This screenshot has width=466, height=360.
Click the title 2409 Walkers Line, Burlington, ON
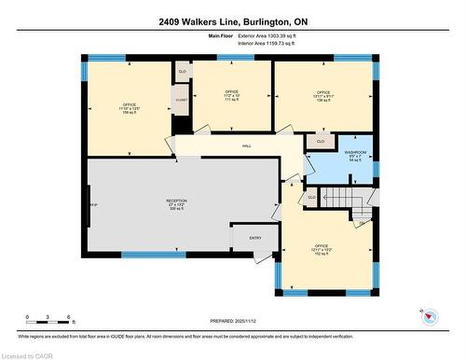coord(232,22)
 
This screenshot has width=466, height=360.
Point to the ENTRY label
coord(255,238)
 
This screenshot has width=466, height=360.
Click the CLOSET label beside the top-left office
coord(181,99)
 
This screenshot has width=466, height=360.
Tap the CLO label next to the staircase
coord(311,198)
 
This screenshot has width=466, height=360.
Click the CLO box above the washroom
coord(320,142)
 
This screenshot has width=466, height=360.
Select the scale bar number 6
coord(71,316)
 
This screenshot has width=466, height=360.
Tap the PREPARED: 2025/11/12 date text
coord(232,318)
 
